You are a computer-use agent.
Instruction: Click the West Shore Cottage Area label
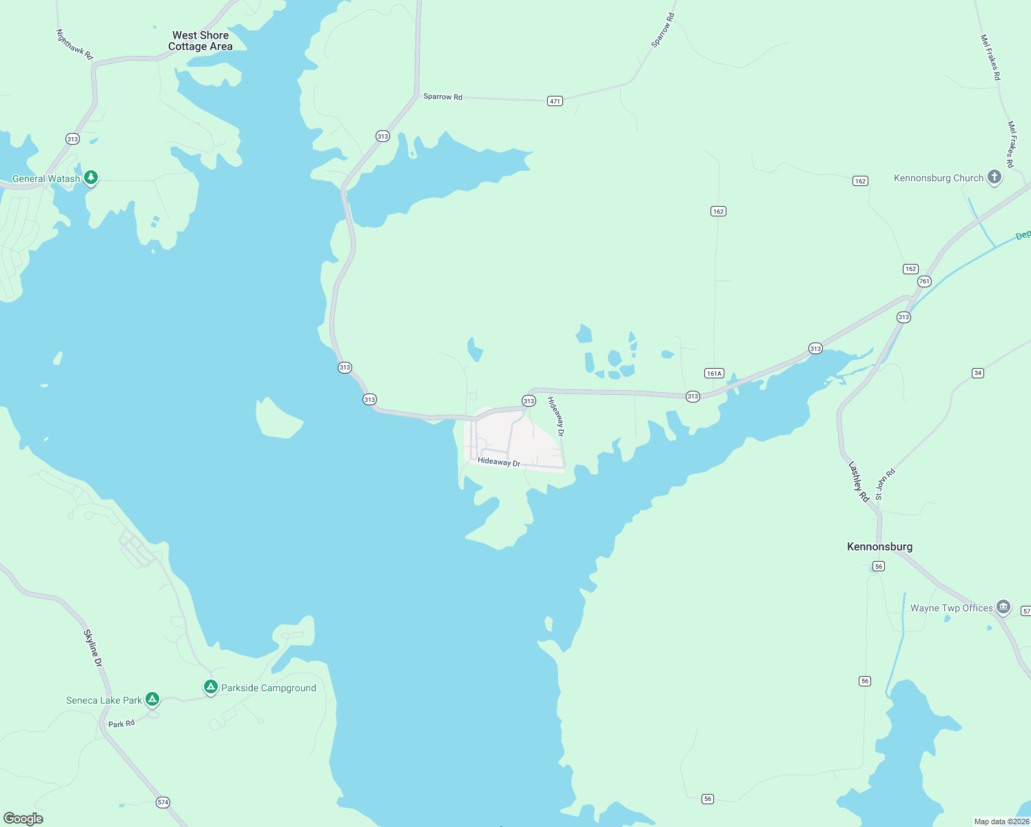201,41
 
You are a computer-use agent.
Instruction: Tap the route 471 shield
555,101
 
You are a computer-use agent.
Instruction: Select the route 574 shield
163,802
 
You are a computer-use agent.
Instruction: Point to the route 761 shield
924,281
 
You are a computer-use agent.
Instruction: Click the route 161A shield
714,374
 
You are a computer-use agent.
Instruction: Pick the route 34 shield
977,373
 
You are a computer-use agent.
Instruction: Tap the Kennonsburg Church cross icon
994,177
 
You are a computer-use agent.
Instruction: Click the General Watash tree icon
90,178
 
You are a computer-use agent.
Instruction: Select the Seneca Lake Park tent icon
152,700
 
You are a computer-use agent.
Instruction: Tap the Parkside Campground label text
269,688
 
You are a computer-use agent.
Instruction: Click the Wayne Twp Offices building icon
1003,607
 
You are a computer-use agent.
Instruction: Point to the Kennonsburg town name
879,547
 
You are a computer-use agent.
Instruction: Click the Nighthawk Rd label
74,44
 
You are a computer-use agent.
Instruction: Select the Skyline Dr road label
93,648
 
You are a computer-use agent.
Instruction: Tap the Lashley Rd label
859,481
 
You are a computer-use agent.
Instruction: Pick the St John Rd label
885,484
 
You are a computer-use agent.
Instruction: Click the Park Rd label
121,724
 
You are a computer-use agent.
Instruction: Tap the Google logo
23,819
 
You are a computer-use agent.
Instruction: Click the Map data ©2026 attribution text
1001,821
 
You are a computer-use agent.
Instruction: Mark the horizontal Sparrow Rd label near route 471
442,96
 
